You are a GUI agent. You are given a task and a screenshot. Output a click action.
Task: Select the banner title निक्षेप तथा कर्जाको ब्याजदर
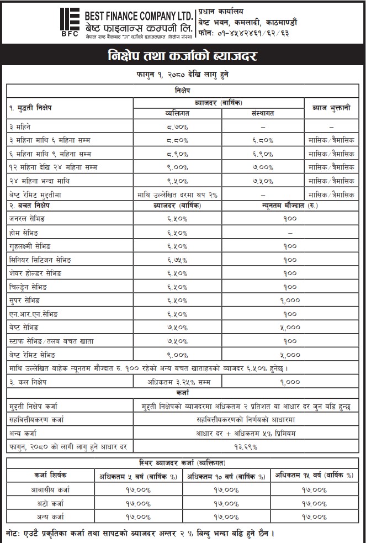182,57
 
